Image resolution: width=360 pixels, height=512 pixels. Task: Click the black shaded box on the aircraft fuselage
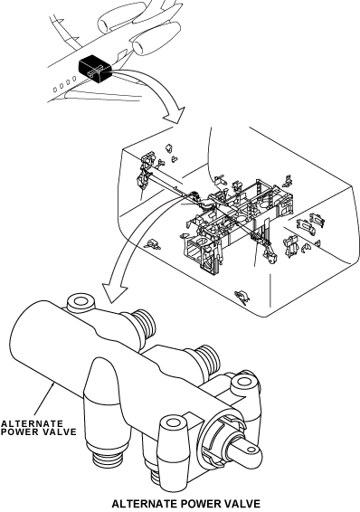click(x=95, y=69)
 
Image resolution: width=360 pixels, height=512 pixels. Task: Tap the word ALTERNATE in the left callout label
click(x=32, y=424)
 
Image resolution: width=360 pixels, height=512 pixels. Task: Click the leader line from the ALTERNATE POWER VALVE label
click(x=43, y=401)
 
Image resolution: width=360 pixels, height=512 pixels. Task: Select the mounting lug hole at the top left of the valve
click(x=80, y=301)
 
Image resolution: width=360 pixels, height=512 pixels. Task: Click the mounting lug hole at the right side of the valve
click(x=243, y=381)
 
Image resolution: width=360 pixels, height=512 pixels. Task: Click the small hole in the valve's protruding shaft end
click(x=251, y=450)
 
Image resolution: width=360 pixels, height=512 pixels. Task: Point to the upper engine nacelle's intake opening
click(x=104, y=25)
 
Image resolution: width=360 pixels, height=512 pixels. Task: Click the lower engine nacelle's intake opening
click(x=138, y=47)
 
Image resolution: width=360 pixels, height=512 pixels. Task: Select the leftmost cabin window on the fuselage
click(x=55, y=90)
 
